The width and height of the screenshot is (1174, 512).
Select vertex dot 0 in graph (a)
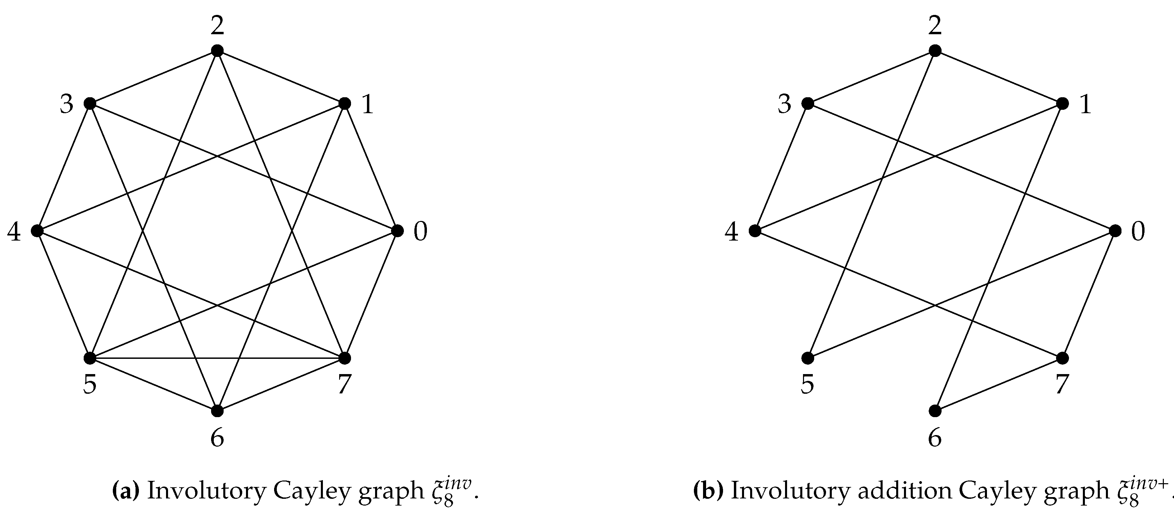point(397,231)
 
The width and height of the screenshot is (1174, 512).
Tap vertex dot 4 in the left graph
point(37,231)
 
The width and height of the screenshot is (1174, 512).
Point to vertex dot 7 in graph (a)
point(345,358)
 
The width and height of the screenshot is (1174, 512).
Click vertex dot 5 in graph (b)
point(808,358)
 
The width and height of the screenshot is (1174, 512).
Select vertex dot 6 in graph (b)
point(935,411)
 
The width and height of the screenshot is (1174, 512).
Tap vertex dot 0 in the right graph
point(1115,231)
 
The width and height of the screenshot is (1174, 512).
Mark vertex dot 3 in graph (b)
point(808,103)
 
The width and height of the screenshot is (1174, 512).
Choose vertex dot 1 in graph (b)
point(1062,103)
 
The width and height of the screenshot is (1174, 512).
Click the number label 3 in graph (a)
point(66,104)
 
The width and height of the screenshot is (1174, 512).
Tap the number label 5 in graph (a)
point(90,384)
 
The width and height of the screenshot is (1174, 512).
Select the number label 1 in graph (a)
point(367,104)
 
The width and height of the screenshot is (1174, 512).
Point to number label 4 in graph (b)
point(732,232)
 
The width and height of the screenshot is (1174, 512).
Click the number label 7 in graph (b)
point(1062,384)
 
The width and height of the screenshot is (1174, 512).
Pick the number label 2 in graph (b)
point(935,26)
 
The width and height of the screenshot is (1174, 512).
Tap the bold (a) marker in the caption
point(125,491)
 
